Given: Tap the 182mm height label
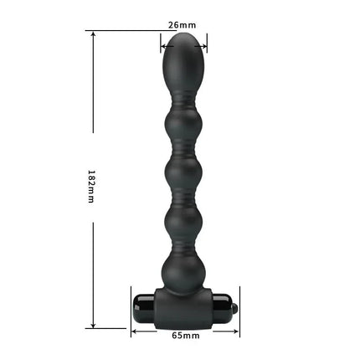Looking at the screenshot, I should point(93,184).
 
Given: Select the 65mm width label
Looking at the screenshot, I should point(186,337).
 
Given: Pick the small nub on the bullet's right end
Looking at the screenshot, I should point(236,310).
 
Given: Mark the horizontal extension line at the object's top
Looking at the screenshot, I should point(126,32).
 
